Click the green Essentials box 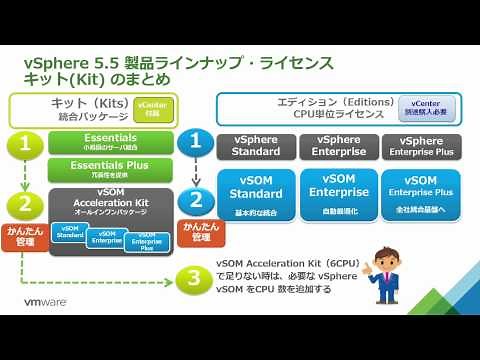tap(111, 141)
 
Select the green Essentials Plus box tap(111, 169)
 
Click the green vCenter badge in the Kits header tap(151, 108)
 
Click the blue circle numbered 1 tap(197, 142)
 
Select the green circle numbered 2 tap(23, 204)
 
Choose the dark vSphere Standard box tap(256, 146)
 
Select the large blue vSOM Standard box tap(256, 193)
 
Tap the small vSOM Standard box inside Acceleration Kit tap(71, 235)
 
